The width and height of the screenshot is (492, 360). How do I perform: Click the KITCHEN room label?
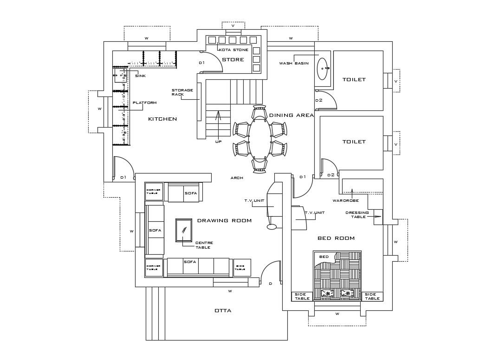tap(162, 119)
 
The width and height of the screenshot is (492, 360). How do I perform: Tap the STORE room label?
tap(233, 60)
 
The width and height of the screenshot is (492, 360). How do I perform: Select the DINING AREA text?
tap(291, 116)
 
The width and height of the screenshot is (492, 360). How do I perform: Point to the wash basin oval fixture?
tap(323, 69)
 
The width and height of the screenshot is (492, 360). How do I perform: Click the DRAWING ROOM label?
tap(224, 221)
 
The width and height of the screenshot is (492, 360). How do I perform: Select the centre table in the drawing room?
tap(183, 230)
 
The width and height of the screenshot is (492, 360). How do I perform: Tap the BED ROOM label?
tap(336, 238)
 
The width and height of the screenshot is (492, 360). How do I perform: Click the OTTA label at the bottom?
tap(223, 310)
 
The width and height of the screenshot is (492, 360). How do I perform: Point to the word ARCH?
tap(237, 178)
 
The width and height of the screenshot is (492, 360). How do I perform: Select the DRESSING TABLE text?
tap(357, 215)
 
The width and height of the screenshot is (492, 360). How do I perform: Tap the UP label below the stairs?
tap(218, 141)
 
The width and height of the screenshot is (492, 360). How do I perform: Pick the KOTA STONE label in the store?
tap(233, 50)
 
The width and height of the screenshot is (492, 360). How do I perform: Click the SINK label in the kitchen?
tap(140, 76)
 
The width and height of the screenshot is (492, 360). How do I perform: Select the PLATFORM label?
tap(145, 103)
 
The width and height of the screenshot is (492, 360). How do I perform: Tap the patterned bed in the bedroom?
tap(337, 276)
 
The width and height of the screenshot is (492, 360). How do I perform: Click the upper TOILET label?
tap(354, 80)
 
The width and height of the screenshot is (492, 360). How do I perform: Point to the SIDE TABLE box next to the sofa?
tap(242, 268)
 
